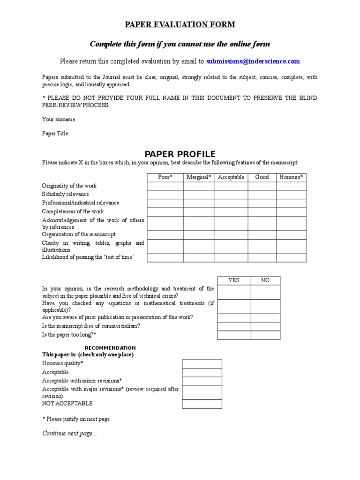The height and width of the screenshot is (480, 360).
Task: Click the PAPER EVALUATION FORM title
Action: point(180,25)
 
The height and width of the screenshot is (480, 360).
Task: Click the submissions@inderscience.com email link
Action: point(253,61)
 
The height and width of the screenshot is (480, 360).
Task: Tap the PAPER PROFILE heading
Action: point(180,154)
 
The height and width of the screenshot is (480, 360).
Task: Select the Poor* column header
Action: point(165,177)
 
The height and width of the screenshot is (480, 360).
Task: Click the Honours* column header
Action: point(291,177)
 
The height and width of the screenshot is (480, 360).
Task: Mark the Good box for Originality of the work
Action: point(262,186)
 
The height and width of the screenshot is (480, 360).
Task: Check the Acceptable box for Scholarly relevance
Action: point(231,195)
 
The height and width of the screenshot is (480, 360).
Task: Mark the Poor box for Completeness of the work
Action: point(165,212)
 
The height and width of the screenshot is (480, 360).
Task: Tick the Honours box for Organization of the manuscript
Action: point(291,235)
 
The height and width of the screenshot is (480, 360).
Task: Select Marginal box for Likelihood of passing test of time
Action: point(199,258)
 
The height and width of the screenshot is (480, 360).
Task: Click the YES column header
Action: point(233,280)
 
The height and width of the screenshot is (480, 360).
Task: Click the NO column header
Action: point(265,280)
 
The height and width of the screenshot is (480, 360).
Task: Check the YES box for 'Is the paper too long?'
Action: point(233,335)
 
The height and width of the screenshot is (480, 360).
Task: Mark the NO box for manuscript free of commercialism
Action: point(265,326)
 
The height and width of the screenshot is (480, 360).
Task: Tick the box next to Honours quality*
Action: point(202,364)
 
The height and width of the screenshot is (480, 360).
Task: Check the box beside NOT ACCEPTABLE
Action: point(202,404)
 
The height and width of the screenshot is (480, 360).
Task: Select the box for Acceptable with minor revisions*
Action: point(202,381)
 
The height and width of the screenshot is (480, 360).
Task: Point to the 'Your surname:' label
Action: point(60,120)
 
